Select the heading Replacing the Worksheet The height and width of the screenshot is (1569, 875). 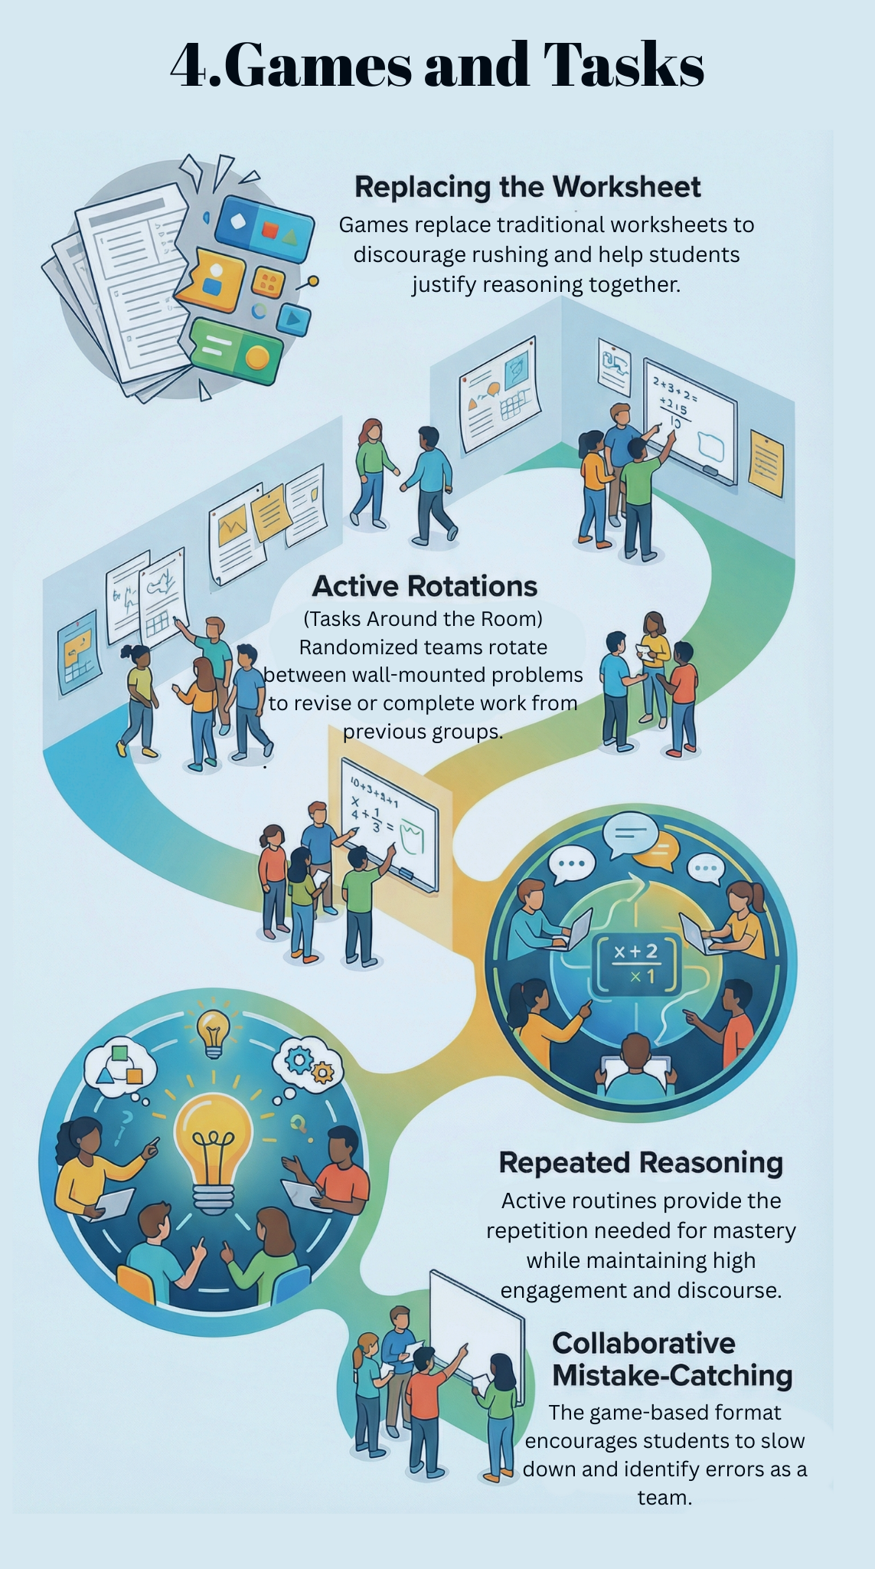tap(527, 187)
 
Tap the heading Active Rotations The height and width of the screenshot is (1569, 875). tap(425, 586)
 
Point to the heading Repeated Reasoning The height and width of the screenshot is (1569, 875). tap(641, 1162)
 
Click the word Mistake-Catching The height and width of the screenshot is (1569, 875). tap(672, 1375)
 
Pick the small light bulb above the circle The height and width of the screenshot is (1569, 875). tap(213, 1032)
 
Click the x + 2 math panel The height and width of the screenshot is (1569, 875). tap(636, 963)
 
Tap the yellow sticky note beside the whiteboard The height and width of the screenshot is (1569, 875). tap(766, 462)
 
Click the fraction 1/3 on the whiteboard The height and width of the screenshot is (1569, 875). tap(376, 818)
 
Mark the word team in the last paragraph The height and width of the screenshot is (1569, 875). tap(664, 1497)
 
